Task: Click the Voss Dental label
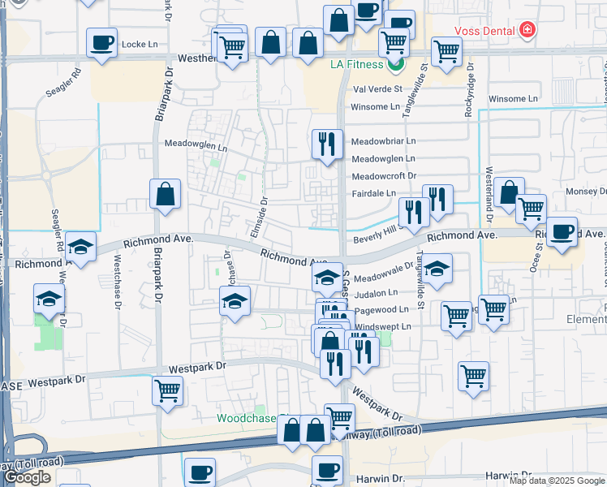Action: point(485,30)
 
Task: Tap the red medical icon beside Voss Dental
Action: point(528,30)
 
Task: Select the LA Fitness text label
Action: point(359,64)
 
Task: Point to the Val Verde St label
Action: point(377,88)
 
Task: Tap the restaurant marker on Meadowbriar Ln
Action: point(326,144)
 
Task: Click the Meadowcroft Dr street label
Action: point(383,176)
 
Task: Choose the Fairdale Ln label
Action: point(373,193)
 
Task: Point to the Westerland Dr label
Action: point(489,195)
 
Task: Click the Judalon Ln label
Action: point(376,292)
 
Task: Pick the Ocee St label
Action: point(536,255)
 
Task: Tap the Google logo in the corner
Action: point(28,477)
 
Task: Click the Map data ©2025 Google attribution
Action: point(556,481)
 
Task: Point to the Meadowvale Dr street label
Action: point(383,275)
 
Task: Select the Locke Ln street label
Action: point(138,44)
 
